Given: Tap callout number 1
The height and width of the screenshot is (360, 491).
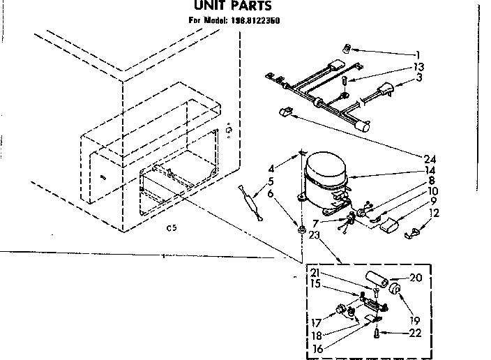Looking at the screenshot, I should coord(418,55).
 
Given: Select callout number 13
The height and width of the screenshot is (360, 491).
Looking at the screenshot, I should coord(418,67).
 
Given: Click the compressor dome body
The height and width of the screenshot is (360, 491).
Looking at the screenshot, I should coord(325,173).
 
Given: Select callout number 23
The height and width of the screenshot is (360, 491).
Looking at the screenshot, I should coord(314,235).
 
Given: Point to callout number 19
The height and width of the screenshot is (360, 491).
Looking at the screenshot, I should coord(415,321).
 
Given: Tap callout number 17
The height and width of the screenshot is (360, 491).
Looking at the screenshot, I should coord(317,323).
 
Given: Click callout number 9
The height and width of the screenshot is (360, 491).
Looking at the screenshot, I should coord(433,201).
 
